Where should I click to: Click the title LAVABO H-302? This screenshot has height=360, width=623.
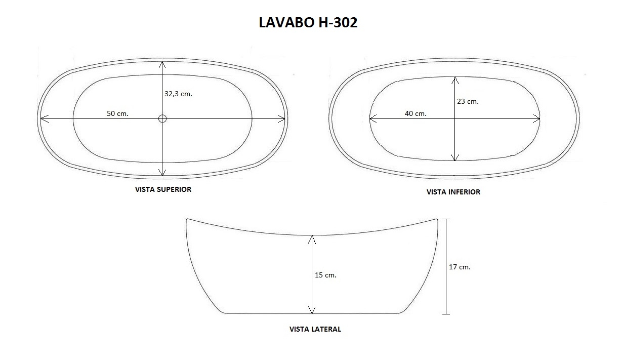tap(308, 23)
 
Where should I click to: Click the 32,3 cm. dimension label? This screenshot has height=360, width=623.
tap(178, 94)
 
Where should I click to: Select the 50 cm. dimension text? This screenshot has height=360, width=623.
tap(117, 113)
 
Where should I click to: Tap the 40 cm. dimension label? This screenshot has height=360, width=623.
tap(416, 113)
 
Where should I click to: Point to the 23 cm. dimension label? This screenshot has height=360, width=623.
tap(468, 101)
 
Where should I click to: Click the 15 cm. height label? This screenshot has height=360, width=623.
tap(325, 275)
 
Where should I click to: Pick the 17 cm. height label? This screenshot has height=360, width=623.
tap(460, 267)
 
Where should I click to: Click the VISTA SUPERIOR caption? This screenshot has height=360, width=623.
tap(163, 189)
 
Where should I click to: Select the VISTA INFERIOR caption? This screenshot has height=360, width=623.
tap(453, 192)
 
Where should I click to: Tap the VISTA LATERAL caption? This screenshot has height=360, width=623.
tap(315, 329)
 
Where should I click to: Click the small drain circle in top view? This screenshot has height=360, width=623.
tap(162, 118)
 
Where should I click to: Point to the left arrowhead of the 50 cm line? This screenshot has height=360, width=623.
tap(43, 118)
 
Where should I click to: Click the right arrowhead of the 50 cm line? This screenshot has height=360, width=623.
tap(282, 118)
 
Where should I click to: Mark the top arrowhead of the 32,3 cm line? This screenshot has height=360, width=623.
tap(162, 64)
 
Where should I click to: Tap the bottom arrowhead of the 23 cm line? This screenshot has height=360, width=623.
tap(455, 157)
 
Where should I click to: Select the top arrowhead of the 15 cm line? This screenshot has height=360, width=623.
tap(313, 238)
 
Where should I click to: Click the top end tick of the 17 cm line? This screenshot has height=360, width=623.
tap(446, 219)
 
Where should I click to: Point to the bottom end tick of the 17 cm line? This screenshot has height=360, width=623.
tap(446, 314)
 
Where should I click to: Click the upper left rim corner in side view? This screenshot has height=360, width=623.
tap(187, 220)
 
